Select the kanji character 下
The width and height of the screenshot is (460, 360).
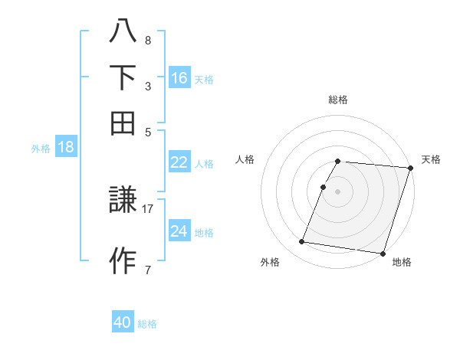tap(123, 77)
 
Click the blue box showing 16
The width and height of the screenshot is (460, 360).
tap(179, 78)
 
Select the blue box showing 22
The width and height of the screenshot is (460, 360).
tap(179, 162)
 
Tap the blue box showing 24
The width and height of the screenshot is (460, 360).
tap(179, 231)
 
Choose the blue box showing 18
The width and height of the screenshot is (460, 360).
tap(66, 148)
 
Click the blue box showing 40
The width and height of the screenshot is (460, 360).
tap(123, 323)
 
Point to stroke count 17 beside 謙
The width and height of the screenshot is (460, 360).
tap(148, 208)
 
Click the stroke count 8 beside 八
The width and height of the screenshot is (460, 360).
tap(148, 40)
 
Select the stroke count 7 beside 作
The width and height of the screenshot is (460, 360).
tap(148, 269)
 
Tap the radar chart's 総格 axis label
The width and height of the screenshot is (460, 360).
tap(338, 100)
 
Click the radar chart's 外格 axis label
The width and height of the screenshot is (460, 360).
tap(270, 262)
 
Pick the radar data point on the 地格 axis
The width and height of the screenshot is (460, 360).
tap(382, 253)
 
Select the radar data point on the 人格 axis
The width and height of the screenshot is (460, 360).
tap(324, 187)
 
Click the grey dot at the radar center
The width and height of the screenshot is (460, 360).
tap(338, 191)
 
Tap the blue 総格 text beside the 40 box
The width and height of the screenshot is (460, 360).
tap(147, 324)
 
